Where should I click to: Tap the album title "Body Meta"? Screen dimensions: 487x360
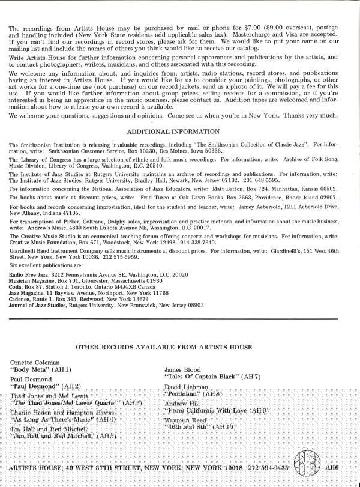[x=34, y=371]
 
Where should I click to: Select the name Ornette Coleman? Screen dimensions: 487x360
[x=35, y=363]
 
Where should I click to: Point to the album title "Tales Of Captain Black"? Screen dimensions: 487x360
[x=202, y=376]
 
